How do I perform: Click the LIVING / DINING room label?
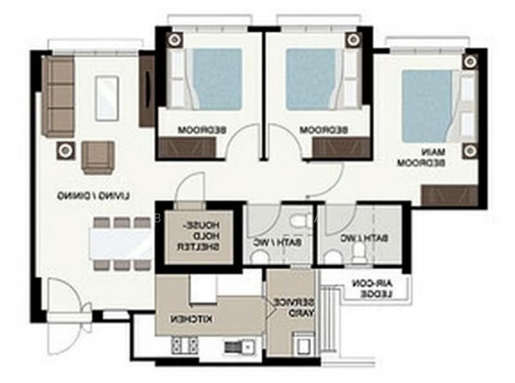click(x=94, y=196)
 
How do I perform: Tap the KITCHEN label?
click(x=191, y=319)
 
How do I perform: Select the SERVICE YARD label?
click(x=295, y=308)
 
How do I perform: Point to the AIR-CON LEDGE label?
click(x=372, y=288)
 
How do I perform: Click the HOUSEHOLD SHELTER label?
click(x=198, y=236)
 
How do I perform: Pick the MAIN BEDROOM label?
click(x=422, y=157)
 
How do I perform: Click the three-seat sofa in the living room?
click(x=58, y=96)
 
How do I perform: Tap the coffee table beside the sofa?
click(x=107, y=97)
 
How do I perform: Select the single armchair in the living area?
click(x=98, y=157)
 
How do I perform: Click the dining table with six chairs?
click(x=121, y=244)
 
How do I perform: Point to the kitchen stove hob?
click(x=184, y=346)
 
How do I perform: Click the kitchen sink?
click(x=239, y=348)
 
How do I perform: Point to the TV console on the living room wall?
click(x=147, y=91)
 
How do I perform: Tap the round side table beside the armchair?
click(x=66, y=150)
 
